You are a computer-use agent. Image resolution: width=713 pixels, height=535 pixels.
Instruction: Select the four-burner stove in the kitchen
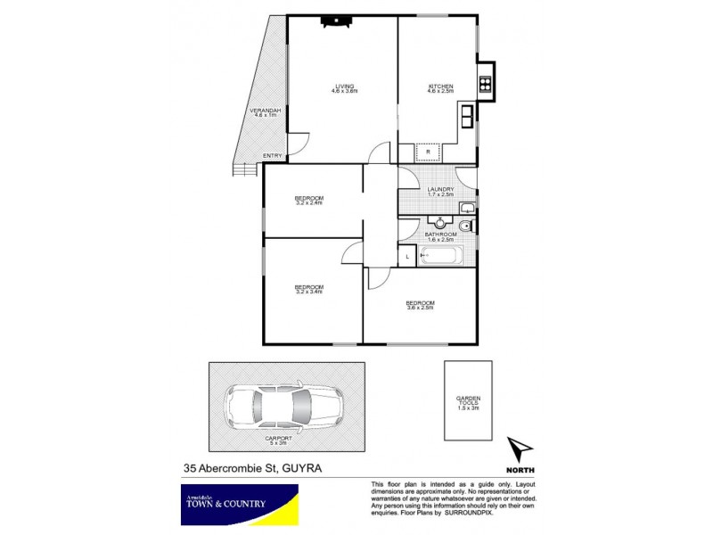coord(486,86)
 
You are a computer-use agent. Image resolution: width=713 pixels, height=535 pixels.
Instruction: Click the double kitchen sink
coord(468,113)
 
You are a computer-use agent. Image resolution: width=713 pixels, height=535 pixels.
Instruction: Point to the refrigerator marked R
coord(429,152)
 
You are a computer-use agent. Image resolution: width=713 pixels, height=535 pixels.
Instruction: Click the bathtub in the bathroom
coord(440,256)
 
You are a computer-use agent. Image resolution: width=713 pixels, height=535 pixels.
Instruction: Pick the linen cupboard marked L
coord(406,256)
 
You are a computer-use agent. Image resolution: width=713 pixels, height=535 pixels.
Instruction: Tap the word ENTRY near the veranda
coord(273,157)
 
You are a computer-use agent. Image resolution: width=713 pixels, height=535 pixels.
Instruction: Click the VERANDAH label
coord(266,112)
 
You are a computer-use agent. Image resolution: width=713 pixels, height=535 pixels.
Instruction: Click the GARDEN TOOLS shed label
coord(468,402)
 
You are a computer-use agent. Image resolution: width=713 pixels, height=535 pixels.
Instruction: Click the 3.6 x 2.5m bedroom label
coord(419,305)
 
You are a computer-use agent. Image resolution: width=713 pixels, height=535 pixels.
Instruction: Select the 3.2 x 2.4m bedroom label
coord(309,200)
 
